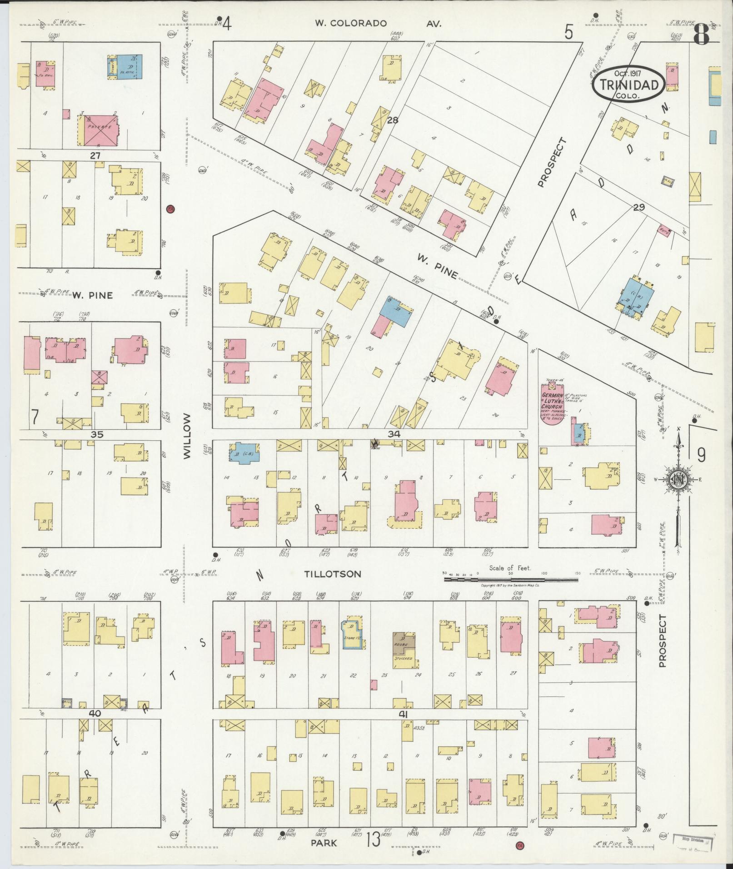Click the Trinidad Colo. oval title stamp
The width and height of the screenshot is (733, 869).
[x=629, y=84]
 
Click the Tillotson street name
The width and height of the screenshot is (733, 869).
[x=333, y=574]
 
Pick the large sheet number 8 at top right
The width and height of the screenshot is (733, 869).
[x=702, y=35]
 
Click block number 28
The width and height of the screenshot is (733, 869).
[x=393, y=121]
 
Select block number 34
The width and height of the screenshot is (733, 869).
[x=394, y=434]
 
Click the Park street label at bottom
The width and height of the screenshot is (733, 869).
[x=324, y=843]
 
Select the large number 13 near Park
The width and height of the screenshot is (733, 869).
[x=373, y=839]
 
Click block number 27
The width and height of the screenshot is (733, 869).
[x=95, y=155]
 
